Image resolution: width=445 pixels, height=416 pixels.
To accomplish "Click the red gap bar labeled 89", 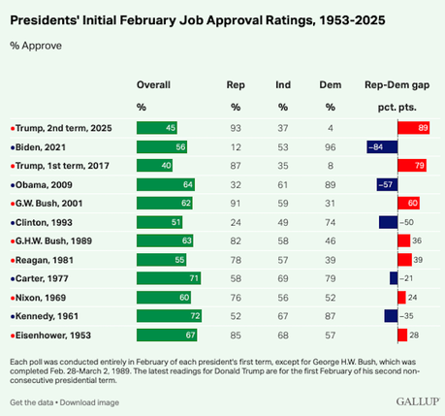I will tap(413, 127).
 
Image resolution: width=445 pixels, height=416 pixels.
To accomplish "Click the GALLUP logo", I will tap(416, 401).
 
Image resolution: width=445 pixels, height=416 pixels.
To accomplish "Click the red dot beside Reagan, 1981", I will tap(11, 260).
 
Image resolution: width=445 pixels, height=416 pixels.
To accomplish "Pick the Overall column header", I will tap(153, 84).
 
